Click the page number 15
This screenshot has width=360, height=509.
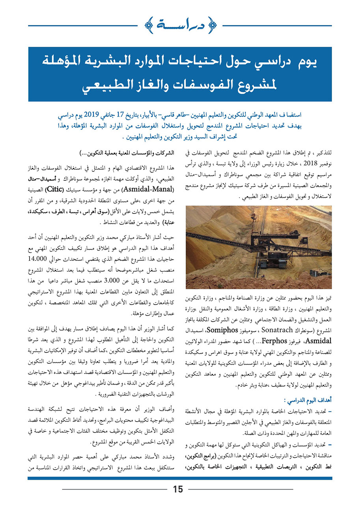coord(178,489)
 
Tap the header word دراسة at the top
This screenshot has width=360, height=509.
coord(180,26)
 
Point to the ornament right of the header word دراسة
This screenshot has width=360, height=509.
coord(212,26)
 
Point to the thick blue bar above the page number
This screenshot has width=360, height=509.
coord(180,478)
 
